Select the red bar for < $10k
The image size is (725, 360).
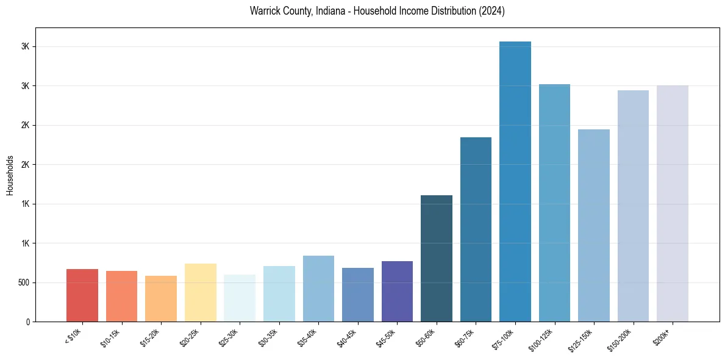coord(82,295)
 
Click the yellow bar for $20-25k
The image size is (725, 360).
coord(201,292)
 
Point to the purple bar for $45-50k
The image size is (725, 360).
coord(397,291)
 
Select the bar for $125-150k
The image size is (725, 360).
coord(594,225)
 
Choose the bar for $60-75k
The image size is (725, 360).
coord(476,229)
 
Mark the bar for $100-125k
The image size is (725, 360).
coord(554,203)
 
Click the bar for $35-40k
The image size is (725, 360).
coord(318,289)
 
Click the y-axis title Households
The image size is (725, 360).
coord(10,175)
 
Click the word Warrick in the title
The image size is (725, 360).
coord(265,11)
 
